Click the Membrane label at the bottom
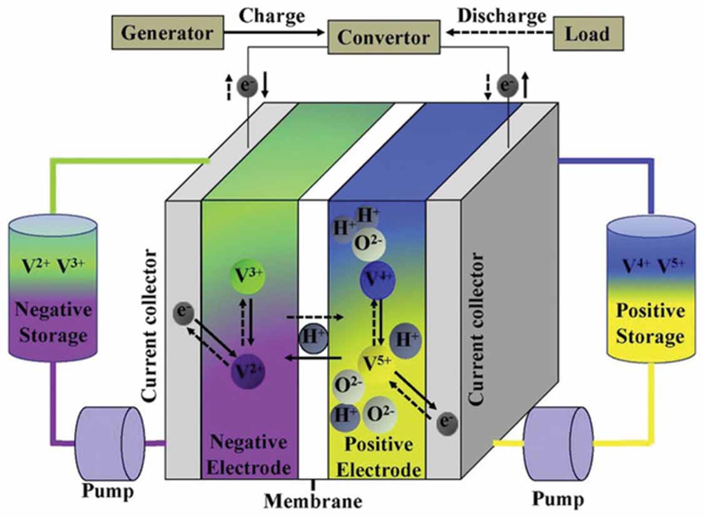(x=313, y=501)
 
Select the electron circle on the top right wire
(x=506, y=85)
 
